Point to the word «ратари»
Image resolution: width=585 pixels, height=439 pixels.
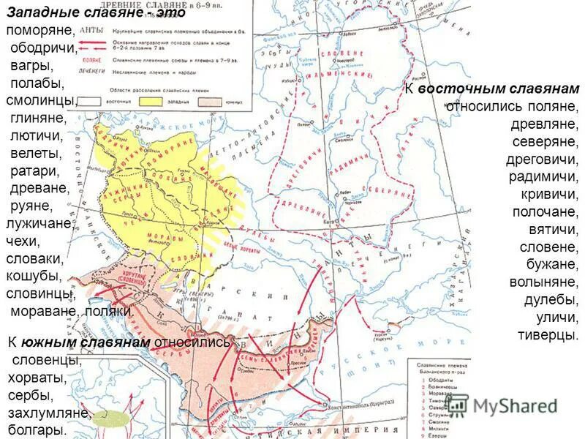(35, 170)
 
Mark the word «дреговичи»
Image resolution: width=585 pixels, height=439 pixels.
(542, 159)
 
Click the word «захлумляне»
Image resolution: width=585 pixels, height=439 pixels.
(48, 413)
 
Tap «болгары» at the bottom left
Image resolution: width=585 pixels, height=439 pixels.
(37, 431)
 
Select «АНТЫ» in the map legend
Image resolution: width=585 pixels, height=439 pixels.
(91, 31)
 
